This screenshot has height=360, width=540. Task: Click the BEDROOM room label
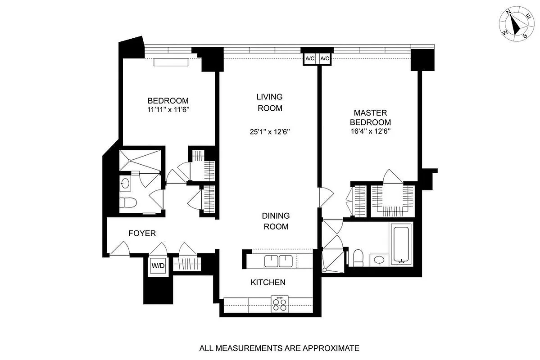(x=168, y=100)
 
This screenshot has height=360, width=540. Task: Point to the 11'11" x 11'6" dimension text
(x=168, y=109)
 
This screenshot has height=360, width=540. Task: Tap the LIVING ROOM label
(x=269, y=102)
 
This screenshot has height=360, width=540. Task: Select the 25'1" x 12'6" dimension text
(x=269, y=132)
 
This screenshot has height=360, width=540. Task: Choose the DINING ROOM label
(x=276, y=221)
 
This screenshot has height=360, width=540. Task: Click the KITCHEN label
(x=268, y=282)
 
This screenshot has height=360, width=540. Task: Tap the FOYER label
(x=142, y=234)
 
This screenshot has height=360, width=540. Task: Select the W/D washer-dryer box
(x=158, y=265)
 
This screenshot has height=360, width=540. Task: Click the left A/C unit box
(x=310, y=59)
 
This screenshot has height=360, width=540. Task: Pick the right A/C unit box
(x=325, y=59)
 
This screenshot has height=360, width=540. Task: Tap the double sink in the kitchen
(x=279, y=261)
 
